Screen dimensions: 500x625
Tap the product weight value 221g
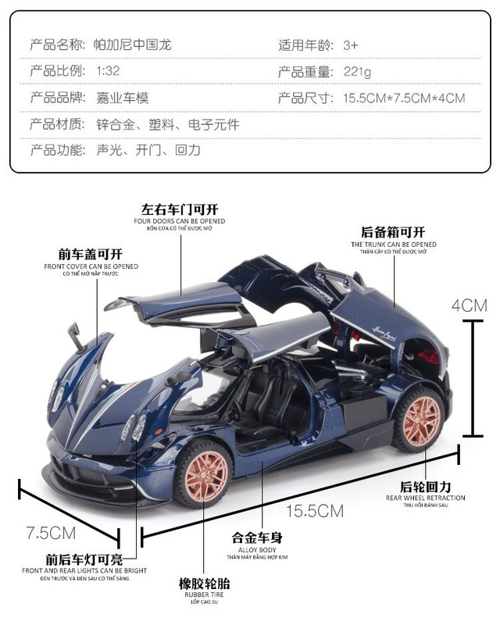tap(357, 72)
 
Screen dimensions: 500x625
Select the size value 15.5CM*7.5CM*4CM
tap(404, 98)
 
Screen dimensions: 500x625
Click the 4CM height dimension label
tap(472, 305)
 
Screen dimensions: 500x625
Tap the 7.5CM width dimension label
tap(51, 533)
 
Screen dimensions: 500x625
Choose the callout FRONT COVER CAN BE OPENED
tap(91, 266)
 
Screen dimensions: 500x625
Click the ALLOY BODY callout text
tap(257, 549)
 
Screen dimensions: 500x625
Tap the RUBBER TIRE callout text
tap(204, 594)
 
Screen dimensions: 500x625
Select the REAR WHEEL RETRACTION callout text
tap(425, 498)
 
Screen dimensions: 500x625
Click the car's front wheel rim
tap(205, 473)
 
